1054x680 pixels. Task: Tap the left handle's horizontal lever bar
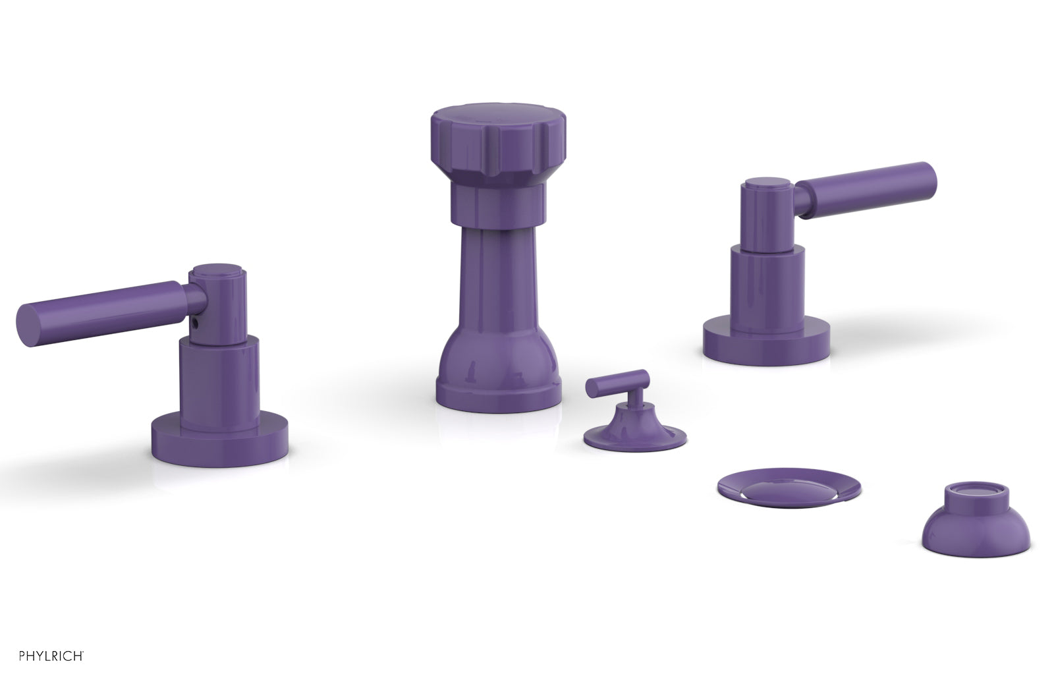click(x=105, y=308)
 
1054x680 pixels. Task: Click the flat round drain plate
click(x=789, y=488)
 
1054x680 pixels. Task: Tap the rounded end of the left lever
click(x=26, y=326)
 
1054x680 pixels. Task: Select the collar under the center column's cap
click(x=498, y=201)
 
